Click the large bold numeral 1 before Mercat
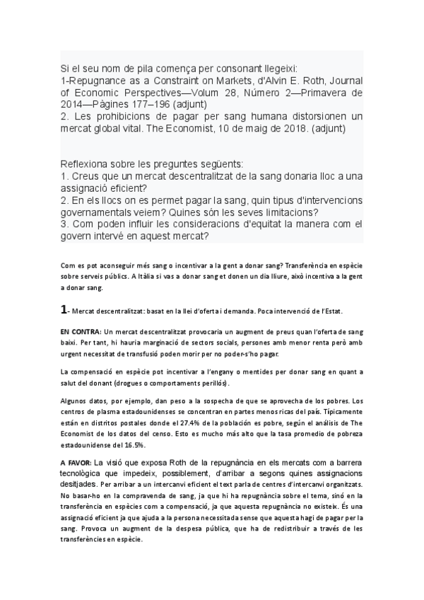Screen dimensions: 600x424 click(64, 309)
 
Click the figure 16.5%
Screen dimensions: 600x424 click(133, 425)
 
